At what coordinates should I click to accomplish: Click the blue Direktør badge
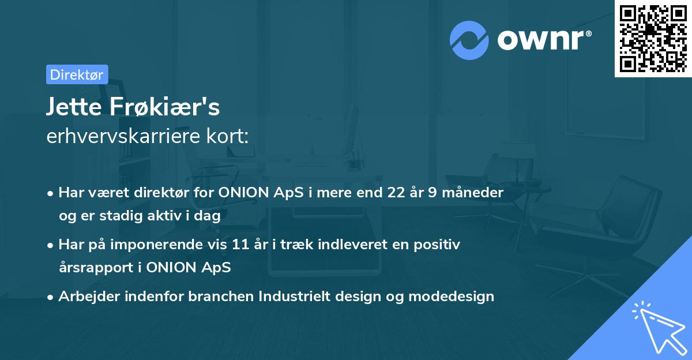click(x=77, y=74)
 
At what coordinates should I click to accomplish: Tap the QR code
click(x=653, y=39)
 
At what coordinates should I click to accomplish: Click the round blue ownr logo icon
click(x=469, y=40)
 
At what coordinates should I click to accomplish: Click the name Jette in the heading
click(x=74, y=107)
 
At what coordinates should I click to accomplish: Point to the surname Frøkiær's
click(x=165, y=106)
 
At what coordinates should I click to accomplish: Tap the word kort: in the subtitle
click(x=227, y=136)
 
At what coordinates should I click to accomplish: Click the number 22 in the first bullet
click(x=396, y=192)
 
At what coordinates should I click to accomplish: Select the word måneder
click(x=473, y=192)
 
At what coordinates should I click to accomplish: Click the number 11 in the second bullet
click(x=240, y=244)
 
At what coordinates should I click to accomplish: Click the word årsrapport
click(x=96, y=268)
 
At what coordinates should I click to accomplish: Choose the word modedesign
click(x=452, y=297)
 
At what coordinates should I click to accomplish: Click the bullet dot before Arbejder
click(x=50, y=298)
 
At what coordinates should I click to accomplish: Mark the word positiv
click(x=437, y=245)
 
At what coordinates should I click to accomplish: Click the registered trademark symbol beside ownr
click(x=588, y=33)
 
